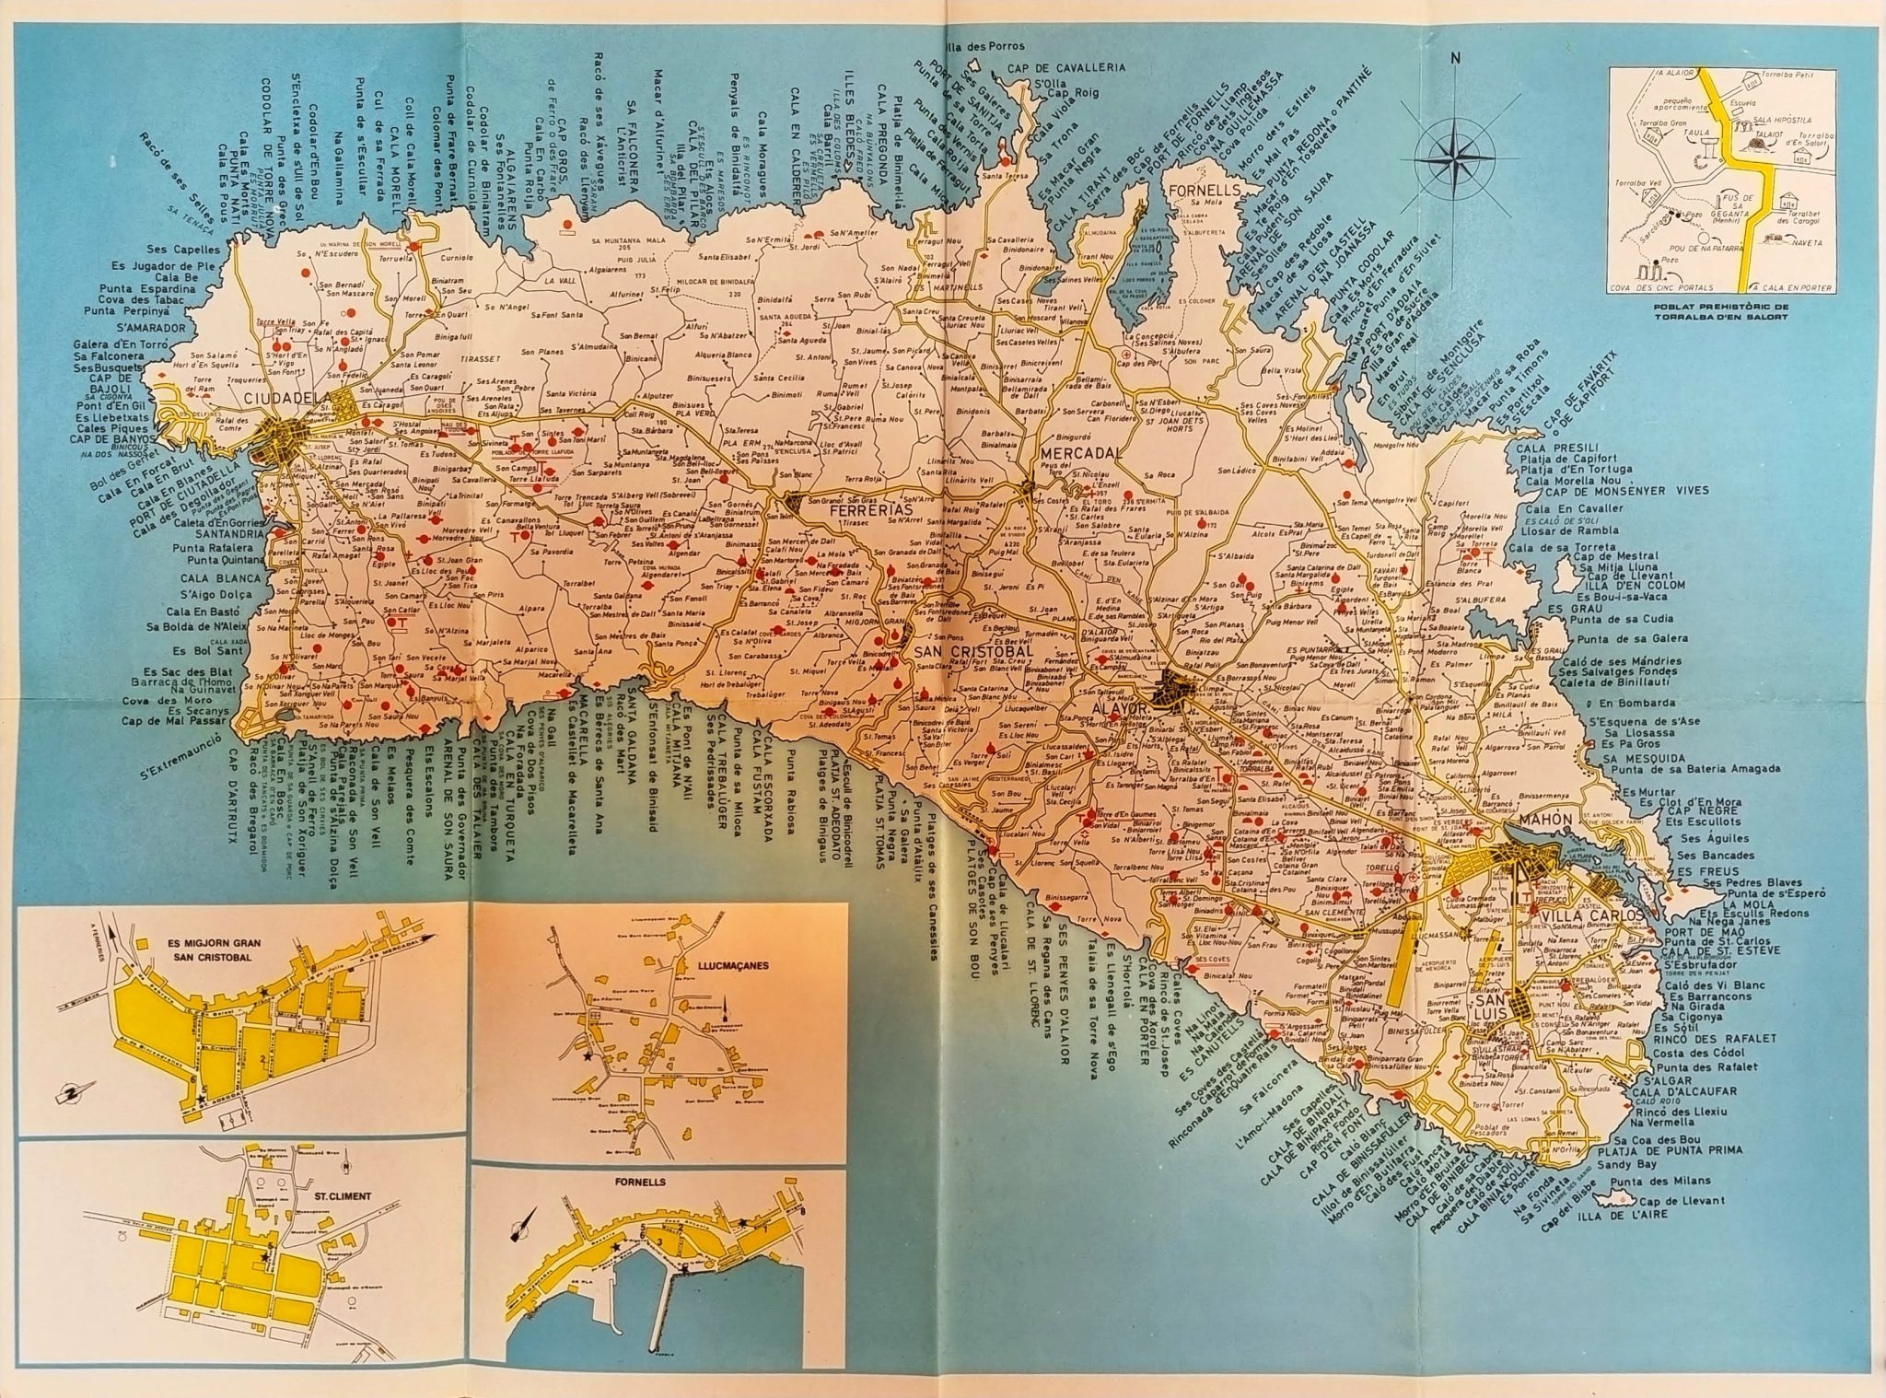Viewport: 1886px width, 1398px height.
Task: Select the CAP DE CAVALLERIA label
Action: point(1080,68)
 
